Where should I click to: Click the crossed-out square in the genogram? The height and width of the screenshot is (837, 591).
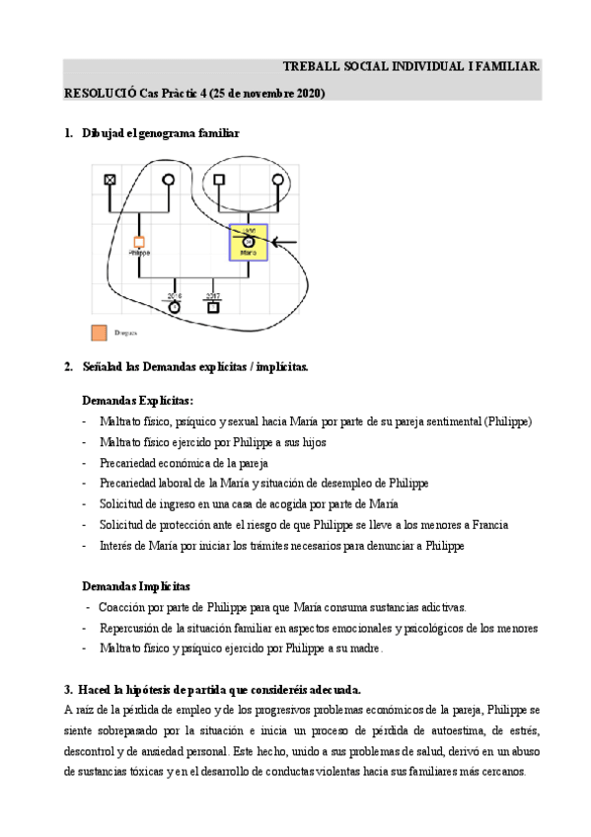pos(111,179)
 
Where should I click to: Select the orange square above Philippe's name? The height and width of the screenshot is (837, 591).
pos(139,241)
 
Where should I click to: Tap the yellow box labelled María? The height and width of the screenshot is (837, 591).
pos(249,241)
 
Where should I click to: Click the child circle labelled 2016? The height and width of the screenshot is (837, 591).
pos(175,306)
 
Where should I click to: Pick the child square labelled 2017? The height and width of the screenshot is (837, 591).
pos(212,306)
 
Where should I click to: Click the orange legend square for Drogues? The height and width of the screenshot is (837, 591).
pos(99,333)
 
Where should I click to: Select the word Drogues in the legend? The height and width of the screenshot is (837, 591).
pos(124,334)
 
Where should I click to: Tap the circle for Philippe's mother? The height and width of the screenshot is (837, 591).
pos(169,179)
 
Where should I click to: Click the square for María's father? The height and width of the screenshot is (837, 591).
pos(219,179)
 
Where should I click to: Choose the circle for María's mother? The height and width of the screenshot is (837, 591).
pos(277,179)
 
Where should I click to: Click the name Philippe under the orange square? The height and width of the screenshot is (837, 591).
pos(139,254)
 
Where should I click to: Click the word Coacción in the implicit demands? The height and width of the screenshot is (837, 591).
pos(121,607)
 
